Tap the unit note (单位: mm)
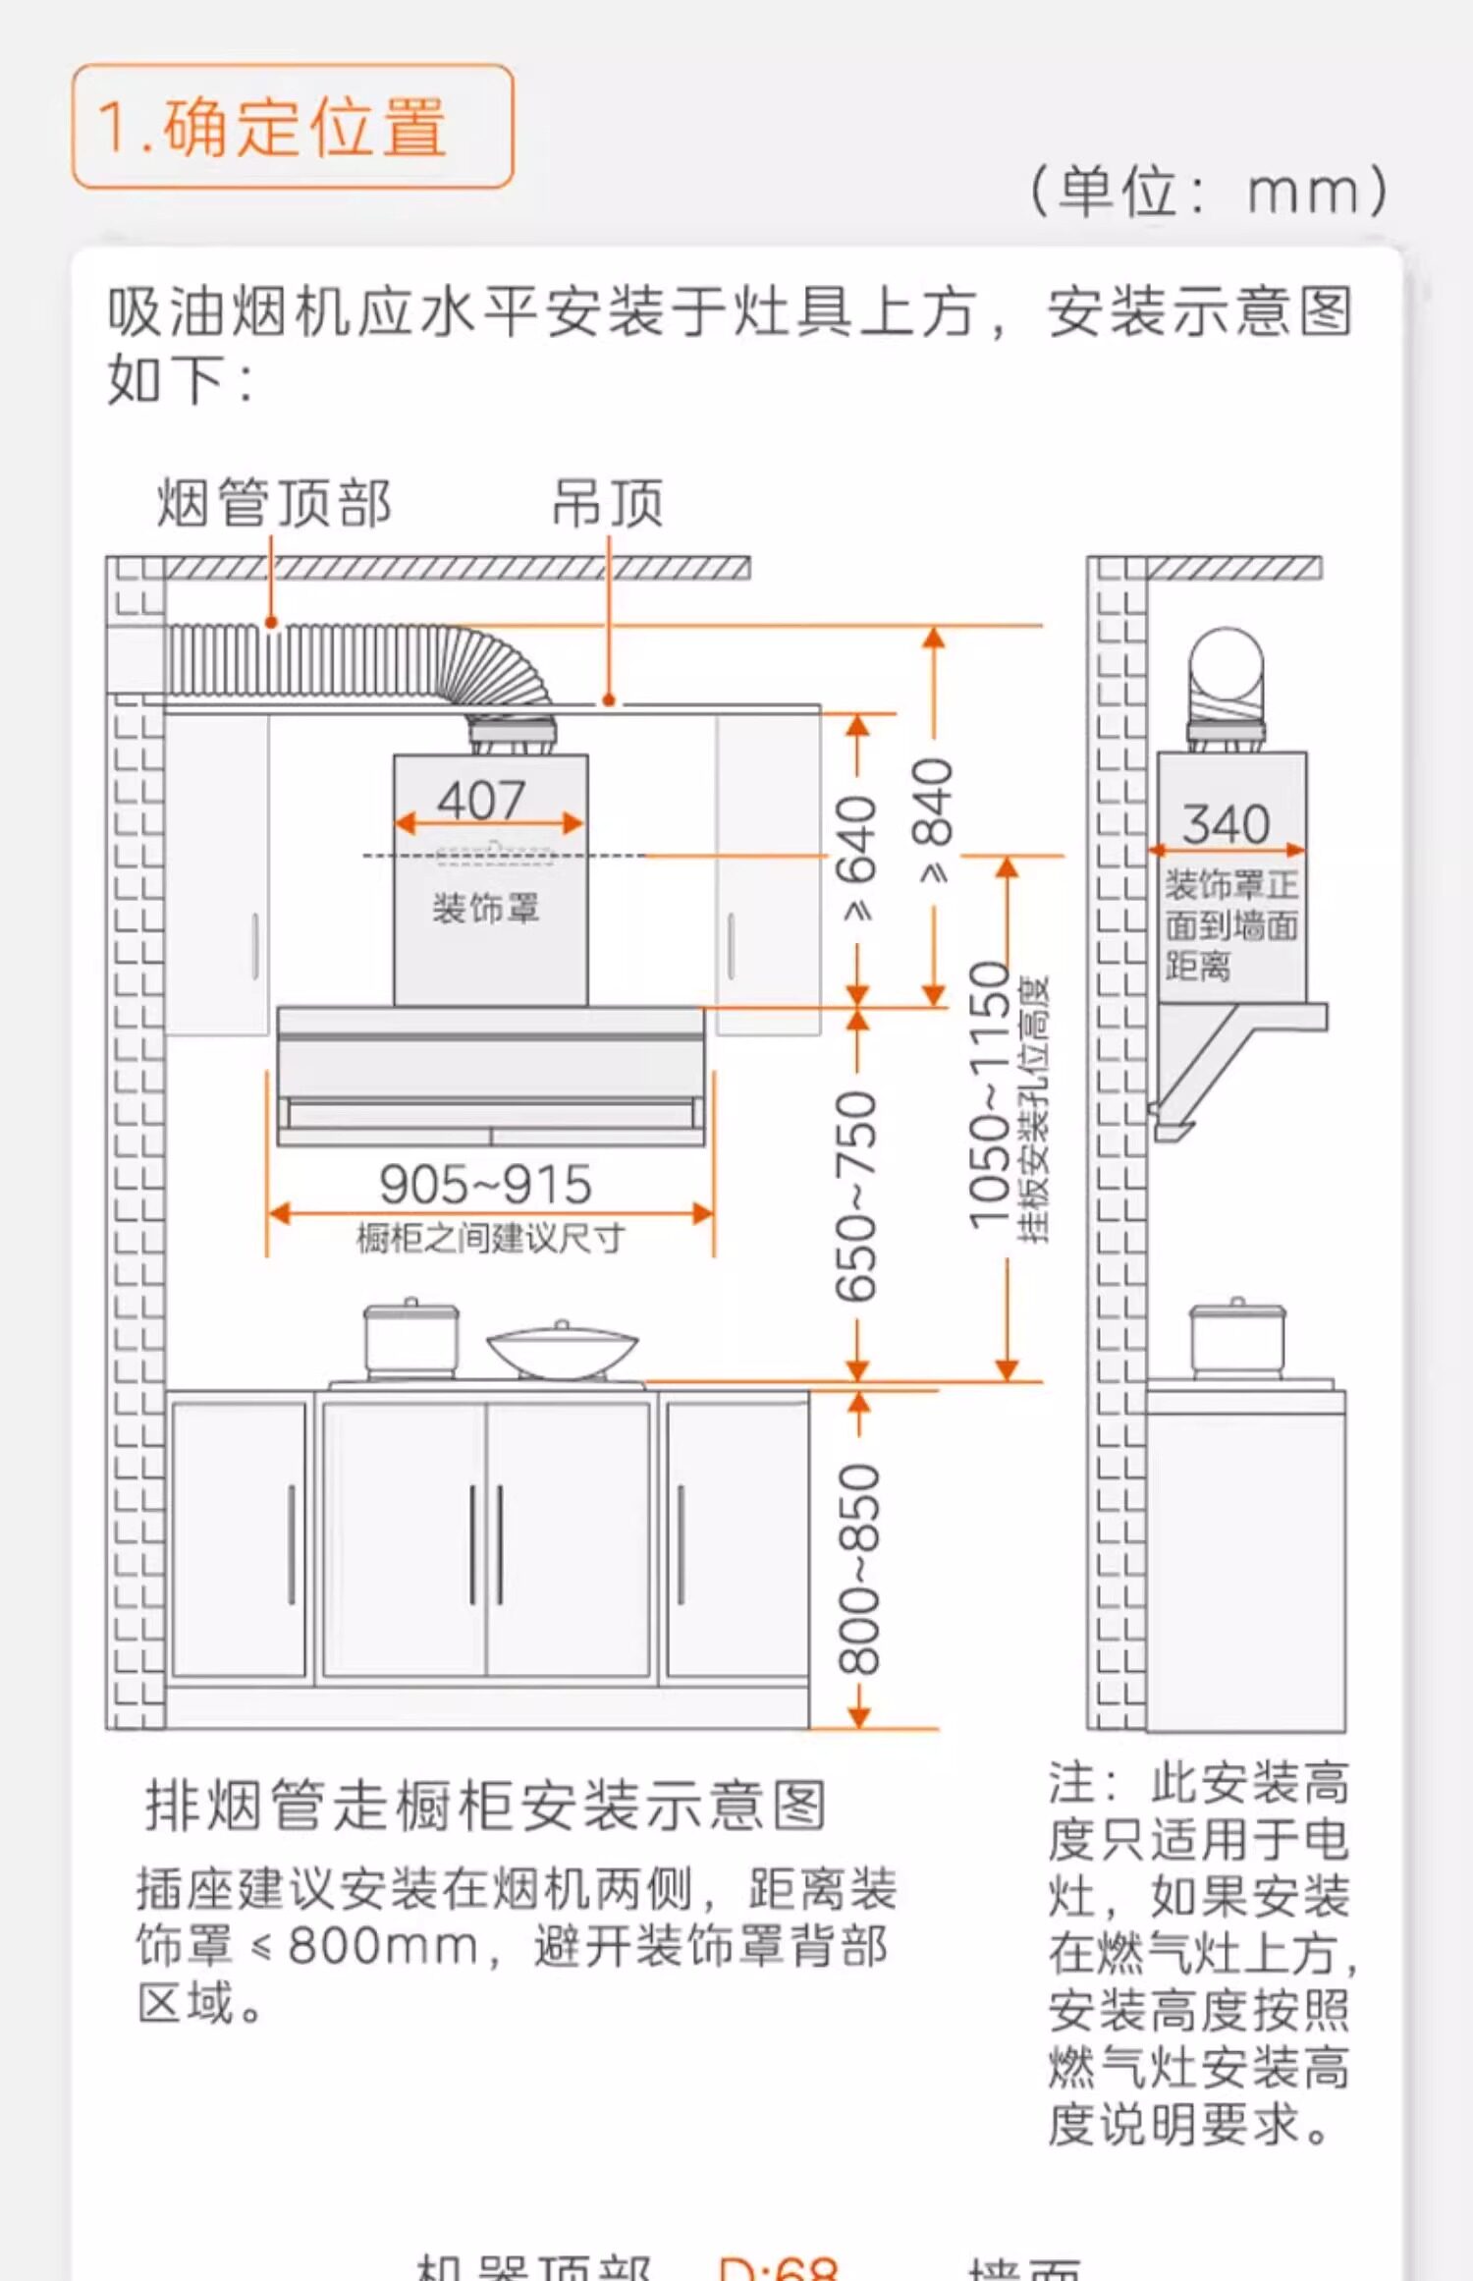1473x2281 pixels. pos(1208,191)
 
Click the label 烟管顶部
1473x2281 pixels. pos(274,504)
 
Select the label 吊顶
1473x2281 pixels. pos(608,504)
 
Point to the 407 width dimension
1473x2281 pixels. pos(481,800)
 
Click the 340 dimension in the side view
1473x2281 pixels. pos(1226,823)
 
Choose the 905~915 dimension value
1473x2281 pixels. pos(486,1184)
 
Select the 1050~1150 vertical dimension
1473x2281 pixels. pos(990,1095)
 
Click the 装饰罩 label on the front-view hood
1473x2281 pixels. pos(486,908)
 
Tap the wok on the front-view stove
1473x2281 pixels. pos(562,1351)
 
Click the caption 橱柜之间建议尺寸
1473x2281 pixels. pos(490,1238)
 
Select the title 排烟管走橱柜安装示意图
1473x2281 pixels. pos(486,1806)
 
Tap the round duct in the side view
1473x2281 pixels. pos(1226,668)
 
